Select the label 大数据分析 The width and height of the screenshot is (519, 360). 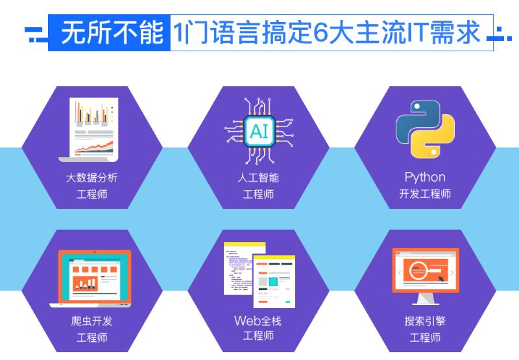[91, 178]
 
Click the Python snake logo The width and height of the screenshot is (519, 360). [425, 129]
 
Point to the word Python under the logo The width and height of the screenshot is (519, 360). [425, 177]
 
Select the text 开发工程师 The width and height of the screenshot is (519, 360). [425, 194]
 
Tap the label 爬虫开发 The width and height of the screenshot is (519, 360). [91, 321]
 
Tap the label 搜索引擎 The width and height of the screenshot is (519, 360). [425, 321]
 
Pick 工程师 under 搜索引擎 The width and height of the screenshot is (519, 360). [425, 337]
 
